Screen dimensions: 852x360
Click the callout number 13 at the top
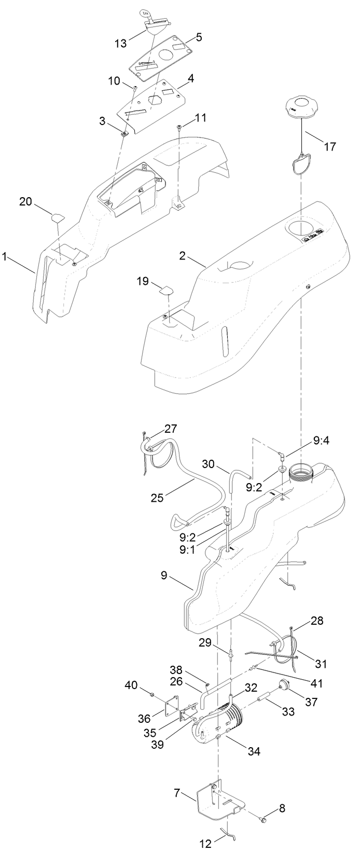tap(120, 44)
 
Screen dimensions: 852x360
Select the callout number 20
tap(26, 201)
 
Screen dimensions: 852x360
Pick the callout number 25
tap(157, 498)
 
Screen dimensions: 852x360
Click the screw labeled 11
tap(179, 127)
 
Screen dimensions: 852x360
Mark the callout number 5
tap(199, 37)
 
